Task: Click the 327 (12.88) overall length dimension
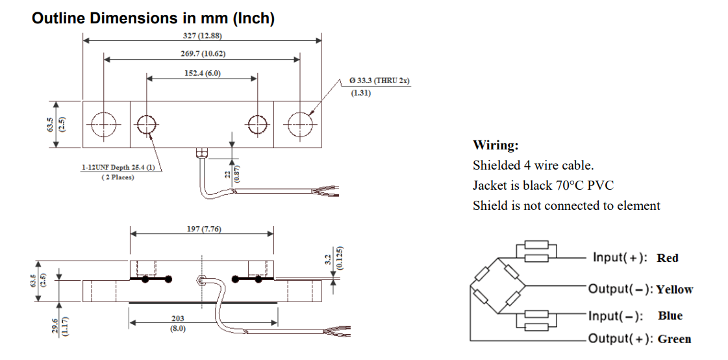pyautogui.click(x=202, y=35)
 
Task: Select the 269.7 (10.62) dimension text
pyautogui.click(x=202, y=53)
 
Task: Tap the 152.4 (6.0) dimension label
pyautogui.click(x=202, y=73)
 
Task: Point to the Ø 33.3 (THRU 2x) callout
pyautogui.click(x=379, y=81)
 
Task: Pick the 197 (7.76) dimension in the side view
pyautogui.click(x=202, y=229)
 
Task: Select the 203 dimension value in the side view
pyautogui.click(x=177, y=318)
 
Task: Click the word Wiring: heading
pyautogui.click(x=496, y=145)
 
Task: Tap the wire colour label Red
pyautogui.click(x=667, y=258)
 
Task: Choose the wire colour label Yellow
pyautogui.click(x=674, y=290)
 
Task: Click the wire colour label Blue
pyautogui.click(x=670, y=316)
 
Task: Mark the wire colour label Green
pyautogui.click(x=674, y=339)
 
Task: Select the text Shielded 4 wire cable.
pyautogui.click(x=533, y=165)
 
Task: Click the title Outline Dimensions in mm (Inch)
pyautogui.click(x=153, y=18)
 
